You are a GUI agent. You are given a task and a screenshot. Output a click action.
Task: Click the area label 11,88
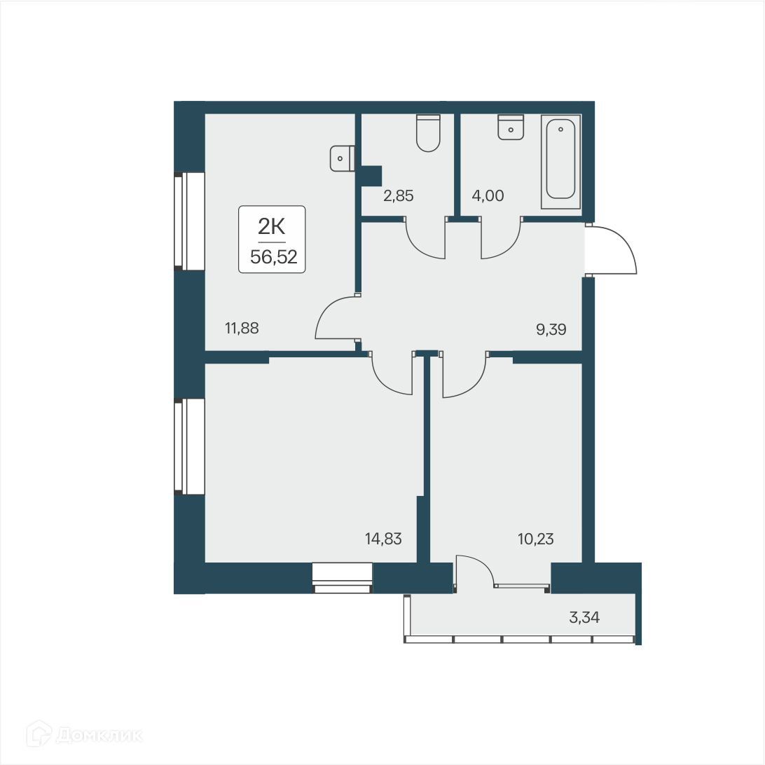pyautogui.click(x=242, y=327)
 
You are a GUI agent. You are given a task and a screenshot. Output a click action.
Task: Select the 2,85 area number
pyautogui.click(x=398, y=196)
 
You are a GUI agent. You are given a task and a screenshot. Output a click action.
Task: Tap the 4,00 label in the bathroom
pyautogui.click(x=488, y=196)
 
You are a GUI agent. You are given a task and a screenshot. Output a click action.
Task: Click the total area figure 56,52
pyautogui.click(x=273, y=256)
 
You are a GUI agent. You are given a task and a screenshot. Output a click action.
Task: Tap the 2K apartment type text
pyautogui.click(x=273, y=226)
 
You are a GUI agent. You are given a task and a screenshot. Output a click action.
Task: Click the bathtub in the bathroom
pyautogui.click(x=560, y=161)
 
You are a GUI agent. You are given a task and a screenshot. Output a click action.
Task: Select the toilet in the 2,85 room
pyautogui.click(x=428, y=133)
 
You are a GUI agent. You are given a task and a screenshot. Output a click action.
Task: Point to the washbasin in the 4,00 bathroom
pyautogui.click(x=511, y=127)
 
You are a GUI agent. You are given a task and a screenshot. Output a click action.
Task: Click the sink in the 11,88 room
pyautogui.click(x=342, y=158)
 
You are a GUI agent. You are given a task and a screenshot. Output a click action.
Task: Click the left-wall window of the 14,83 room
pyautogui.click(x=188, y=446)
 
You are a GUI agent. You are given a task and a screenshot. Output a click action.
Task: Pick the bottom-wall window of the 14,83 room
pyautogui.click(x=342, y=578)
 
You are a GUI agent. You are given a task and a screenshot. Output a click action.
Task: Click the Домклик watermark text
pyautogui.click(x=98, y=735)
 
